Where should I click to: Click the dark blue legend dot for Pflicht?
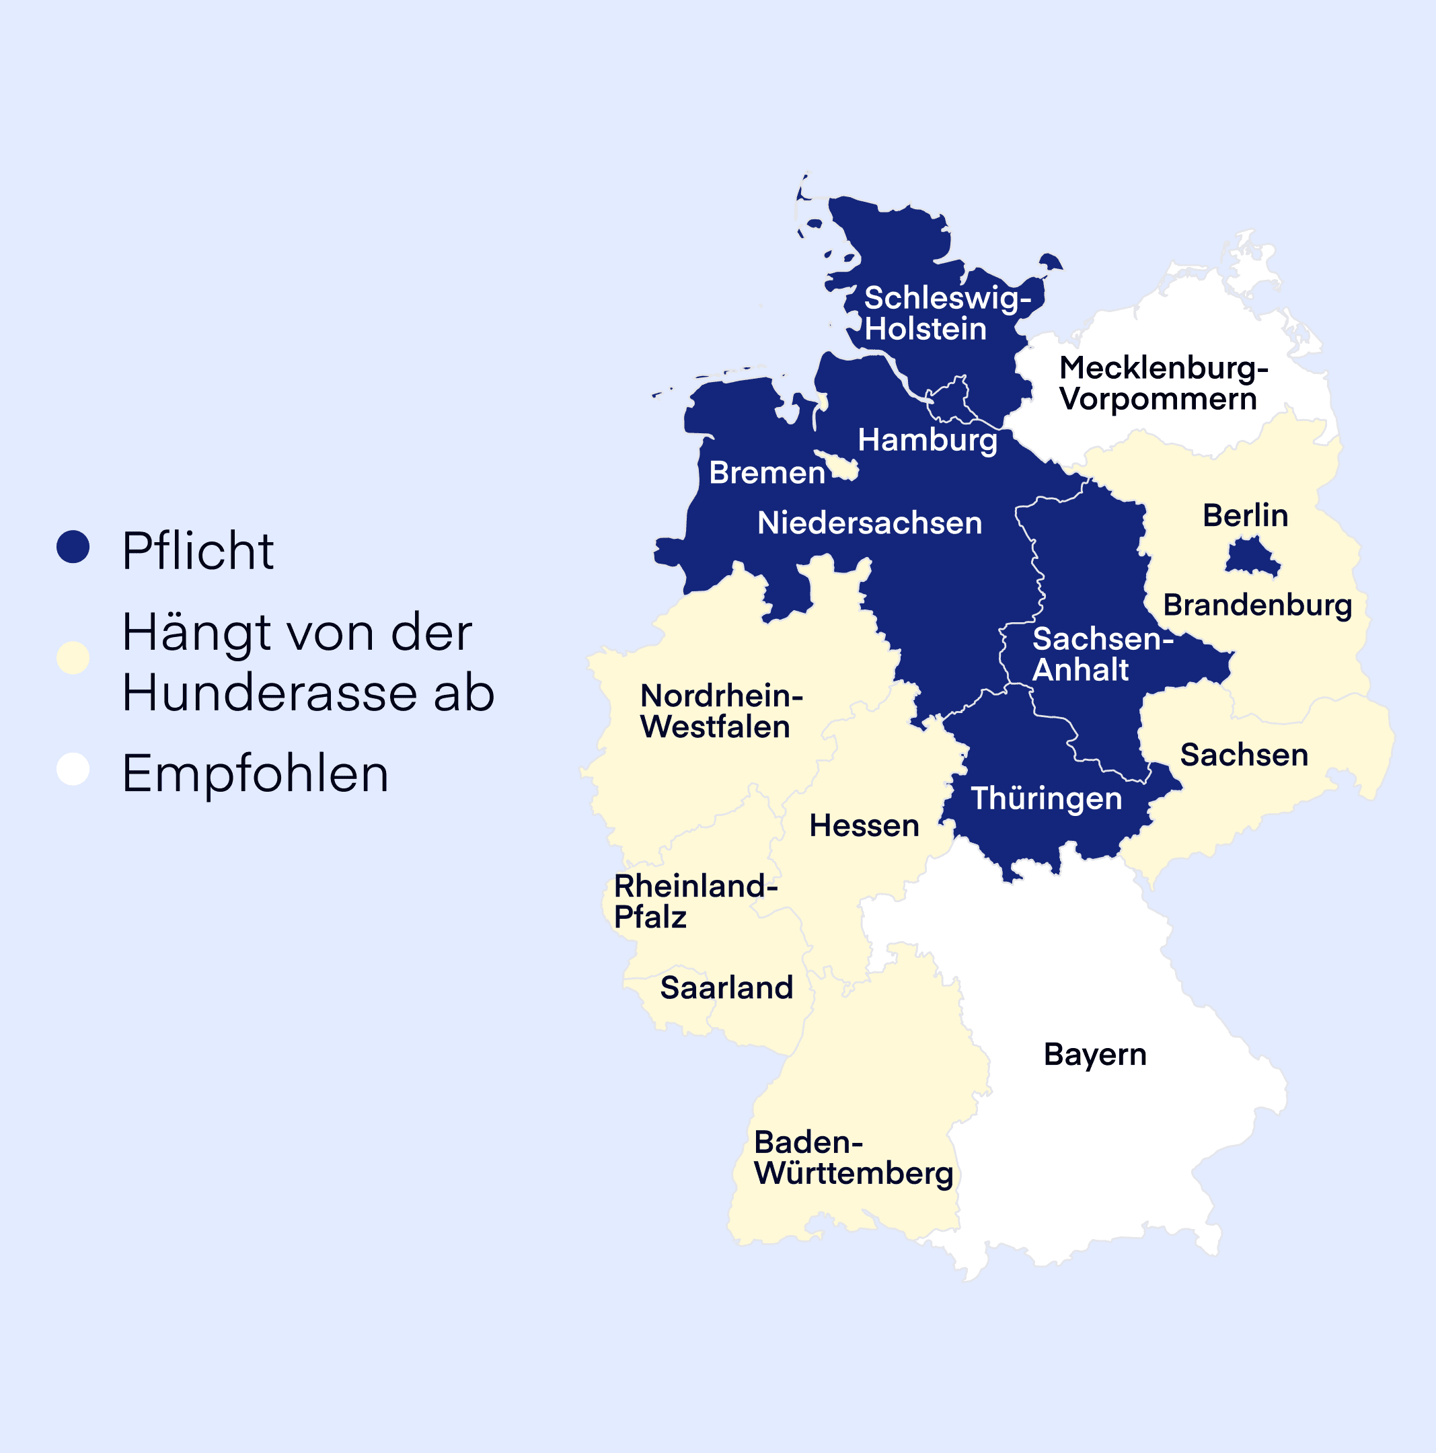coord(73,547)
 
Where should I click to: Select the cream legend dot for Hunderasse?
coord(73,658)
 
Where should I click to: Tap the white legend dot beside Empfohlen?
coord(73,769)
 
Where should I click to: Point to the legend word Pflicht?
coord(198,552)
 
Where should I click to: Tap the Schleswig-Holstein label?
coord(946,313)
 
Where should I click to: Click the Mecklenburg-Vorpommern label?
coord(1163,383)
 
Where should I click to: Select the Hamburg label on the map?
coord(927,440)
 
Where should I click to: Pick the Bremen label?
coord(767,473)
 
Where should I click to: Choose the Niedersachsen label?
coord(869,523)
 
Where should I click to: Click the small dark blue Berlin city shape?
coord(1252,557)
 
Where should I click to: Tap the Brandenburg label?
coord(1257,605)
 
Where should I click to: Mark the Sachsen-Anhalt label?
coord(1102,655)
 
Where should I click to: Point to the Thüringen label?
coord(1046,798)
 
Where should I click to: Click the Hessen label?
coord(864,826)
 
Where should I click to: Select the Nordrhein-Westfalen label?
coord(720,712)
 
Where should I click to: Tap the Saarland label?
coord(726,988)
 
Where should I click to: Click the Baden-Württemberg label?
coord(853,1158)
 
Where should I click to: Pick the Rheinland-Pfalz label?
coord(695,901)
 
